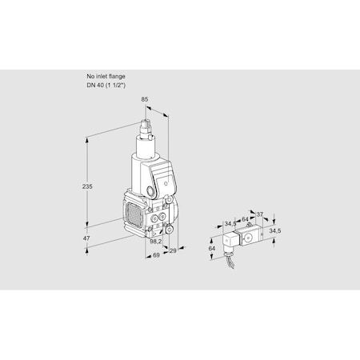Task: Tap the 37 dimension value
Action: coord(260,214)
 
